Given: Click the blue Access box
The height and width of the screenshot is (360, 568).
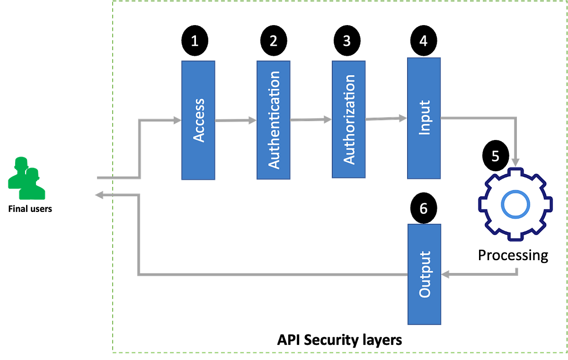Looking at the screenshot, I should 198,120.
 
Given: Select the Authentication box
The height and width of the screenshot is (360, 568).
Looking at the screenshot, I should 274,120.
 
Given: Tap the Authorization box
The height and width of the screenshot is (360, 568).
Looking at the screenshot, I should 348,119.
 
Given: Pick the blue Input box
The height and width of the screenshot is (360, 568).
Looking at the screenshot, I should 425,118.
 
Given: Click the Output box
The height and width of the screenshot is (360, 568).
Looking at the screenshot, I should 425,274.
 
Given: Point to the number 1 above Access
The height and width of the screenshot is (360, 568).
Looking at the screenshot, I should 195,41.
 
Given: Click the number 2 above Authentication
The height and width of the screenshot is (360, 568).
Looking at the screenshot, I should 273,41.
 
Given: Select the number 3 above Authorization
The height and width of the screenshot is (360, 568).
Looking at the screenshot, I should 347,41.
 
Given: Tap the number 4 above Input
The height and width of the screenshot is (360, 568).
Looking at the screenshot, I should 423,41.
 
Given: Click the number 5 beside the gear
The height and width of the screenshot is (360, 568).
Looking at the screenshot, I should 495,156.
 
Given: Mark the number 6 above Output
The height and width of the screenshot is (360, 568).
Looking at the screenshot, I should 423,209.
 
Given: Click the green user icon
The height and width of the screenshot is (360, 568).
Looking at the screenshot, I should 26,179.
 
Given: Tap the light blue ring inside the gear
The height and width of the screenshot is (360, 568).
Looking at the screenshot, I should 515,204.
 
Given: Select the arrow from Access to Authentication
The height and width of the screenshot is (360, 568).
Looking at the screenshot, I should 236,121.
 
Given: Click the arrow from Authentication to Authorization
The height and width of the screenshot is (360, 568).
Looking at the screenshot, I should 311,120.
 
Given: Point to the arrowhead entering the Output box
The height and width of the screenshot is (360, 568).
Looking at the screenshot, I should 446,274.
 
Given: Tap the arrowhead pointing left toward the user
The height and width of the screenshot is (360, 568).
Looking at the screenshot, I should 98,194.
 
